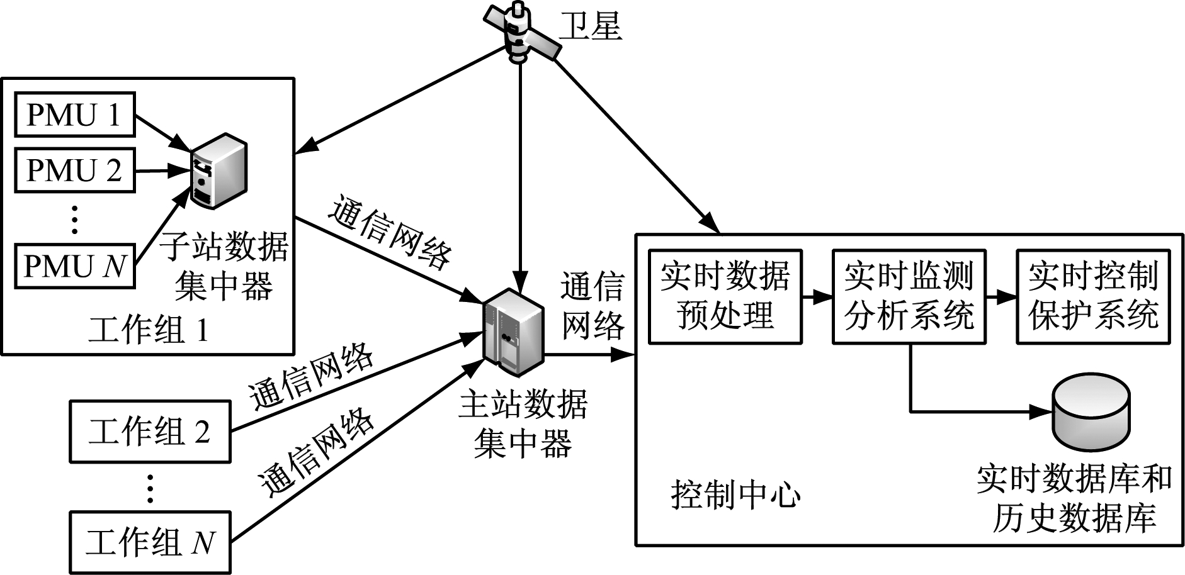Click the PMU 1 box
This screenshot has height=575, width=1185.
pos(74,114)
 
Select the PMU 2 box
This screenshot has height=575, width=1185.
pos(74,170)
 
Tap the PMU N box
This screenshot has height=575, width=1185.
pos(74,265)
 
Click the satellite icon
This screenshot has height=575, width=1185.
pos(521,35)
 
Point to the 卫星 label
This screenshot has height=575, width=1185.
pos(591,27)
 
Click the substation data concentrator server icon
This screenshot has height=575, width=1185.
pos(218,170)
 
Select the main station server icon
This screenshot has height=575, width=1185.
pos(513,332)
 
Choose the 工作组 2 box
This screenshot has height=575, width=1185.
pos(150,432)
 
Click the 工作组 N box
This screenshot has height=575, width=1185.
pos(150,542)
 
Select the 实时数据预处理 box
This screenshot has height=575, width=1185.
pos(725,296)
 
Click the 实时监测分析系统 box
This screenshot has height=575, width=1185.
pos(909,296)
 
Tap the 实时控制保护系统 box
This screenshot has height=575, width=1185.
pos(1093,296)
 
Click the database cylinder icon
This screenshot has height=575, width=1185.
pos(1092,412)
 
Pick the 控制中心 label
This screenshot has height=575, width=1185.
pos(735,494)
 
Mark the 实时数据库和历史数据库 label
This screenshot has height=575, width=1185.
pos(1074,498)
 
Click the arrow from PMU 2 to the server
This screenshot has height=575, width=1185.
pos(163,170)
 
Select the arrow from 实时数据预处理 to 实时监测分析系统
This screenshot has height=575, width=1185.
pos(817,296)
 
